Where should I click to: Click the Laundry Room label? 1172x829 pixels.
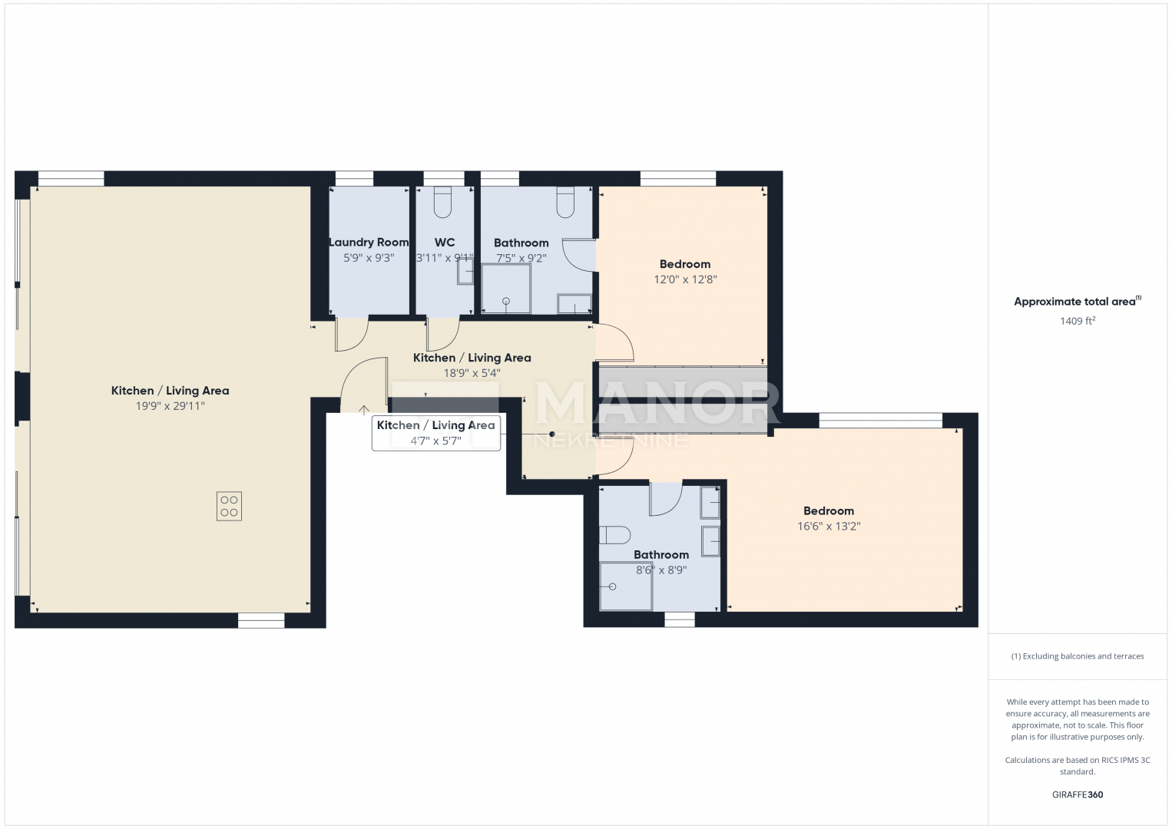(369, 243)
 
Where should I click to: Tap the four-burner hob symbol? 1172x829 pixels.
(229, 506)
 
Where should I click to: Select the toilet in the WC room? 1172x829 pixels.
(442, 202)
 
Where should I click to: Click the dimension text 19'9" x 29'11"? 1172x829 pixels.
(170, 406)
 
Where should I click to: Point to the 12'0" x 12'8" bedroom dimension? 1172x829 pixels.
(685, 279)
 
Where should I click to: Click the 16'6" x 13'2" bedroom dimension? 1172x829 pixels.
(829, 526)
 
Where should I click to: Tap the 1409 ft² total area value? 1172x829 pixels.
(1078, 321)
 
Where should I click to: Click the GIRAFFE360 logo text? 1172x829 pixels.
(1078, 794)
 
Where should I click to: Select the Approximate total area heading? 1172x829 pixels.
(1078, 301)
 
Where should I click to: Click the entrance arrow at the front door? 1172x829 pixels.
(363, 410)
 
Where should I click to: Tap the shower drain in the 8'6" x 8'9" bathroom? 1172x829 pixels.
(613, 587)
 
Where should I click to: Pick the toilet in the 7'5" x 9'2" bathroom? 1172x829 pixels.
(565, 202)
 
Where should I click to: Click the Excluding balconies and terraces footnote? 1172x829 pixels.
(1078, 656)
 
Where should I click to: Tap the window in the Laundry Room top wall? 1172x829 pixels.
(354, 179)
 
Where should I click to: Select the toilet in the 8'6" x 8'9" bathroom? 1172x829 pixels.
(614, 535)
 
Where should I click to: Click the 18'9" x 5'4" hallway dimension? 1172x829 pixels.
(472, 373)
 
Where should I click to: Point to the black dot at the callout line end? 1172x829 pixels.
(552, 434)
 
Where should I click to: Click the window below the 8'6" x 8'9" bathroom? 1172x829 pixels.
(680, 619)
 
